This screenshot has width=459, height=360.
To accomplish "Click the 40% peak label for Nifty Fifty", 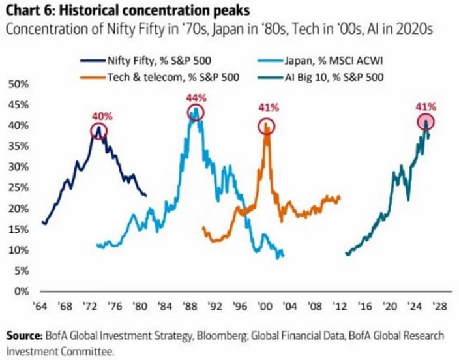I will coord(101,117).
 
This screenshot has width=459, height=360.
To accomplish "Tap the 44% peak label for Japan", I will coord(196,97).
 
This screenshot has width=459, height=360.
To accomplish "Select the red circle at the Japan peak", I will coord(196,112).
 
